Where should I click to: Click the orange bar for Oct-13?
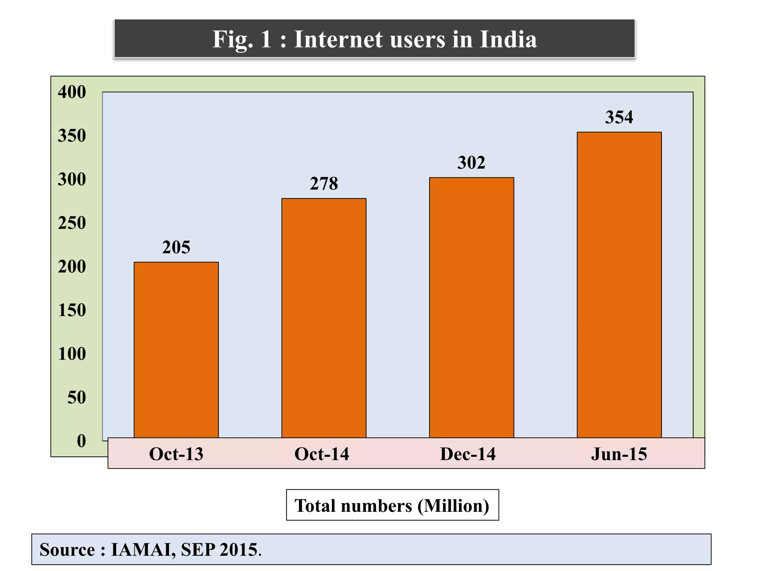coord(176,349)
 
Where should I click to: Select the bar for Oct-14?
coord(324,318)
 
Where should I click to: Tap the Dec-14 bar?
coord(471,307)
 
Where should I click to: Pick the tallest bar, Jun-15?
coord(619,284)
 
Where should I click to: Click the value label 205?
coord(176,248)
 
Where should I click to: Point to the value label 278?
coord(324,184)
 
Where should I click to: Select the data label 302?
coord(471,163)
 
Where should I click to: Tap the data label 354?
coord(619,117)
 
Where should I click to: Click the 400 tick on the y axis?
coord(72,92)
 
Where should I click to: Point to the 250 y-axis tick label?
coord(72,223)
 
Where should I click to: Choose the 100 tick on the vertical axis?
coord(72,354)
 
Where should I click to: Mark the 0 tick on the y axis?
coord(81,441)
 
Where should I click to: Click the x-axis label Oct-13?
coord(176,454)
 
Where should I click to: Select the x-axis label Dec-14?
coord(468,454)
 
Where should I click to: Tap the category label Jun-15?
coord(619,454)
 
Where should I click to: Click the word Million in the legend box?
coord(453,506)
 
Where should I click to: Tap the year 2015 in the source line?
coord(238,550)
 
